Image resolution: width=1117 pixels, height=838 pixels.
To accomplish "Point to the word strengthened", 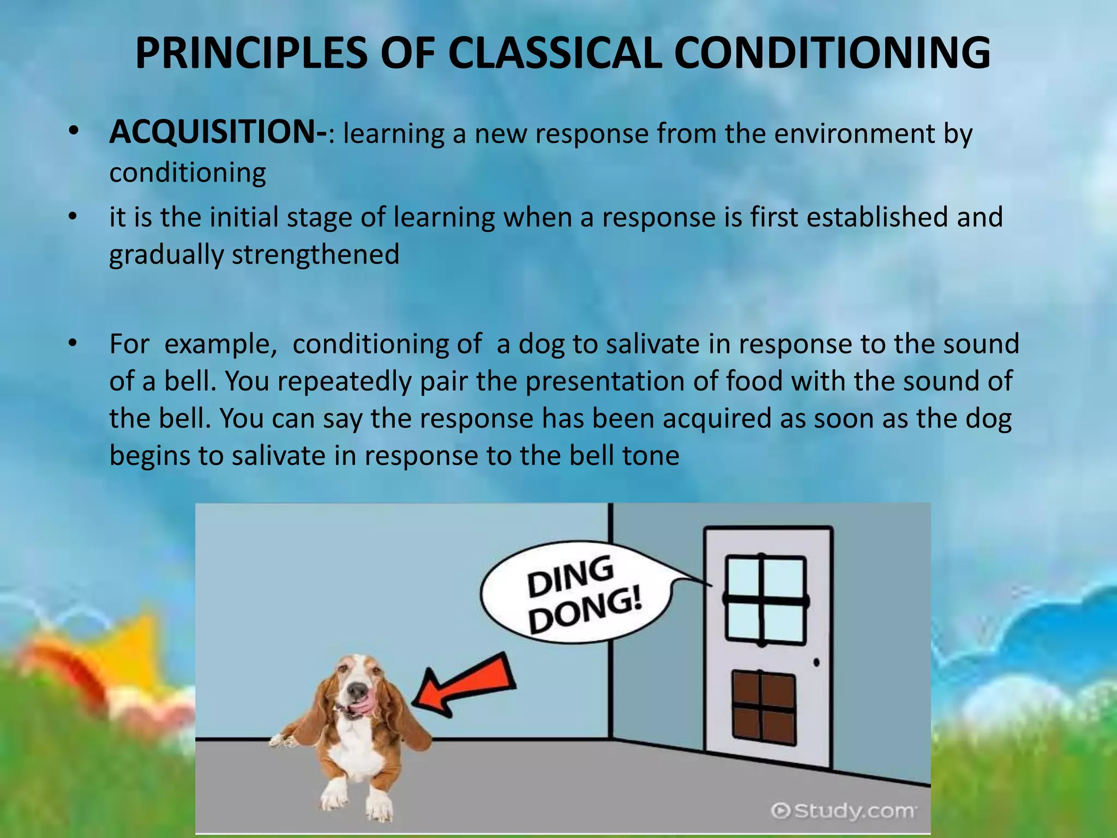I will click(316, 255).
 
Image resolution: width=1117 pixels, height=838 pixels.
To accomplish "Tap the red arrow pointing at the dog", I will click(464, 685).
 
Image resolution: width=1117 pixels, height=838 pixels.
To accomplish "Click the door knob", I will click(816, 663).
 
